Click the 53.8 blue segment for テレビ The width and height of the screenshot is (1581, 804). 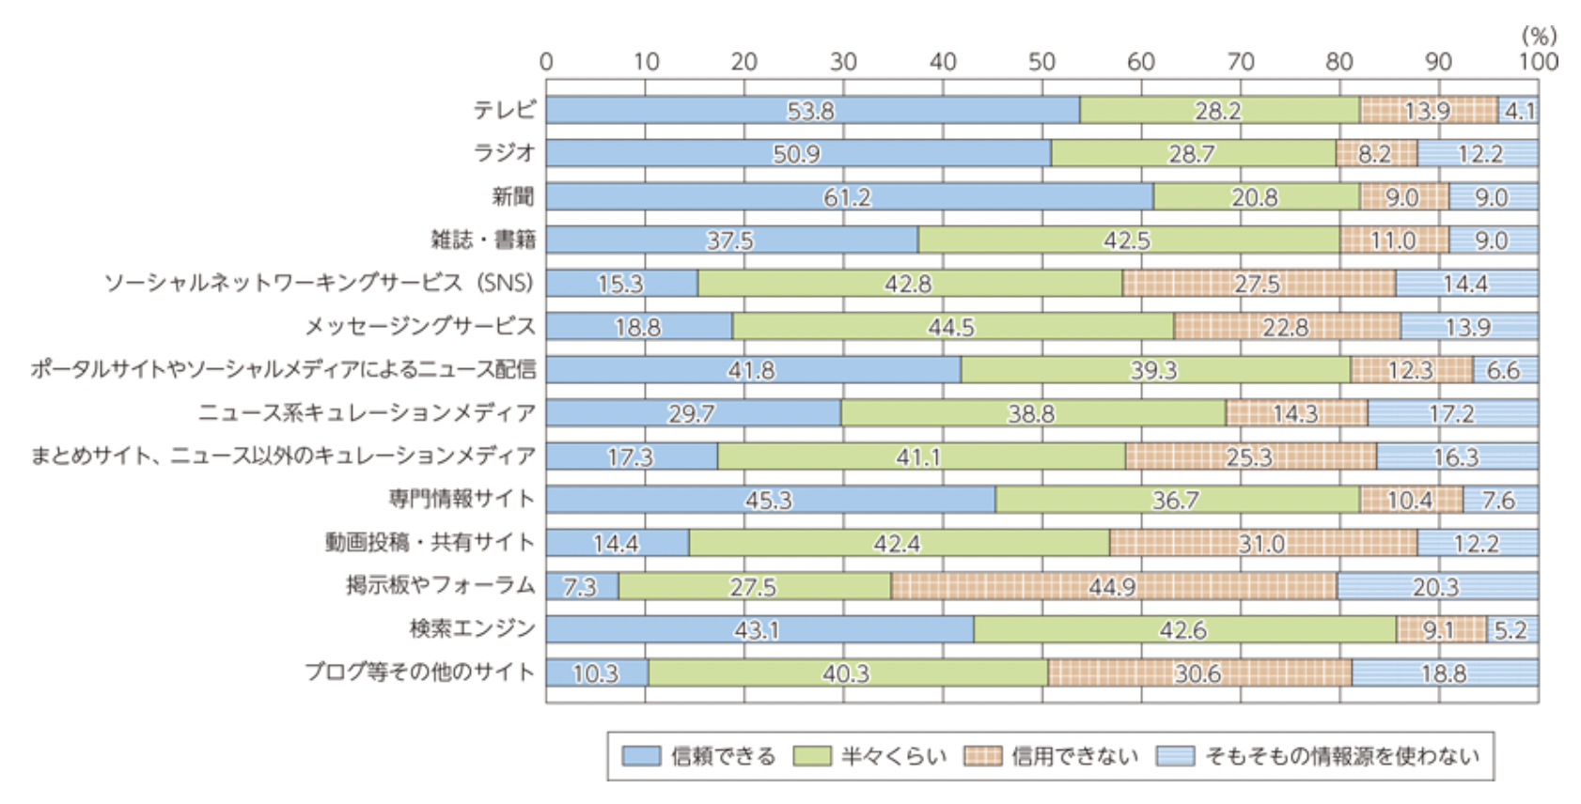click(x=811, y=111)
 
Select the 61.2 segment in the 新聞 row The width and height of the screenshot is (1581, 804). click(x=848, y=197)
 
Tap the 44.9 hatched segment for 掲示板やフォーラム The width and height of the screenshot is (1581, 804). click(x=1113, y=587)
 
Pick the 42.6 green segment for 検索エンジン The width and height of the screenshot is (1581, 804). click(x=1183, y=630)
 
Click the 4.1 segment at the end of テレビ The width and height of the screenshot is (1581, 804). click(x=1519, y=111)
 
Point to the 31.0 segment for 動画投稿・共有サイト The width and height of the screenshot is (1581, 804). click(x=1261, y=544)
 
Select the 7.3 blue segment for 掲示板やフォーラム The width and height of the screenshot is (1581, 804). click(x=581, y=587)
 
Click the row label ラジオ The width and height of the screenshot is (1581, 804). click(x=504, y=152)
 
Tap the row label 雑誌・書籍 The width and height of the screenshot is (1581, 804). click(x=483, y=240)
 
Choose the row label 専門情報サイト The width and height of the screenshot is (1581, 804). click(x=462, y=499)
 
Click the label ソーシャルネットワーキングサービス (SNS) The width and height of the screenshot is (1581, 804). click(x=319, y=283)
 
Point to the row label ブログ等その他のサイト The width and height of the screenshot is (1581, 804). click(x=419, y=672)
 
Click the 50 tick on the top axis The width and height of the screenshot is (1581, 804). click(x=1041, y=62)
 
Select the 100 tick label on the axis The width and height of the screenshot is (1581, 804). click(x=1538, y=62)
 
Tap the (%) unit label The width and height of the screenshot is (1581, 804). click(x=1539, y=36)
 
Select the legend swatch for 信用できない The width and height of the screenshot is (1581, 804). click(x=982, y=756)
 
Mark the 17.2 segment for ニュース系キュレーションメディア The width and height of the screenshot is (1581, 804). click(x=1451, y=413)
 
